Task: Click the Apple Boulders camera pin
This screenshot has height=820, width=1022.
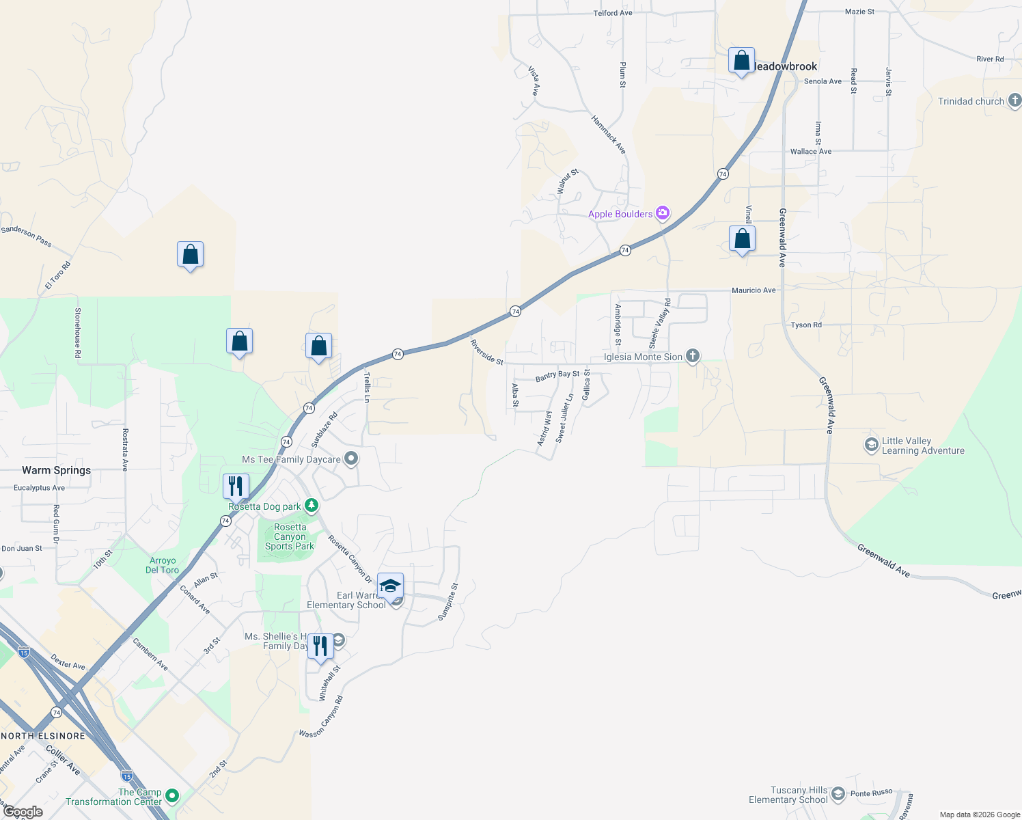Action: pyautogui.click(x=662, y=213)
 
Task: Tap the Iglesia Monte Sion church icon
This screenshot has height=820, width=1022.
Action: pyautogui.click(x=692, y=356)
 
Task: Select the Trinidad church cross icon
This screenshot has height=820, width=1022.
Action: pyautogui.click(x=1014, y=101)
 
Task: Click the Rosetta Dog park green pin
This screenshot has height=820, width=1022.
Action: pyautogui.click(x=312, y=506)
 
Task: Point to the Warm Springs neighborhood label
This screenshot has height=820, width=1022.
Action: pyautogui.click(x=56, y=470)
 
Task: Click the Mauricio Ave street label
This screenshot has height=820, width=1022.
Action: pyautogui.click(x=754, y=290)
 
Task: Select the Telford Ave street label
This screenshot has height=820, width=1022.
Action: pyautogui.click(x=613, y=13)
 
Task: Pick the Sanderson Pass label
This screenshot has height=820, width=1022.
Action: pyautogui.click(x=26, y=236)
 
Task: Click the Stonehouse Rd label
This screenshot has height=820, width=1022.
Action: pyautogui.click(x=78, y=333)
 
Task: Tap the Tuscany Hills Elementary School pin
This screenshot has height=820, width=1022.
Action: pyautogui.click(x=838, y=794)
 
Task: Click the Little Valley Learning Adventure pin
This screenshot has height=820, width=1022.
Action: pyautogui.click(x=871, y=446)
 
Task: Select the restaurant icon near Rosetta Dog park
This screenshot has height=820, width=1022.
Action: pyautogui.click(x=236, y=486)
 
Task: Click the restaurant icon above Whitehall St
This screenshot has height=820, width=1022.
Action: pyautogui.click(x=320, y=646)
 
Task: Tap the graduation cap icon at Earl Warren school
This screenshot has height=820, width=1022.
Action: pyautogui.click(x=390, y=586)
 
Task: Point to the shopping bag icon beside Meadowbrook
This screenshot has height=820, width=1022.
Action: pyautogui.click(x=741, y=61)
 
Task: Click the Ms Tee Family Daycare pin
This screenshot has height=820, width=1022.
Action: pyautogui.click(x=351, y=459)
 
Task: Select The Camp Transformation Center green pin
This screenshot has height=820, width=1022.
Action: pyautogui.click(x=172, y=796)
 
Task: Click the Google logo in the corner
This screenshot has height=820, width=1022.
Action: pyautogui.click(x=23, y=812)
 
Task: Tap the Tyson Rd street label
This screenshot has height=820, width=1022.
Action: pyautogui.click(x=806, y=325)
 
